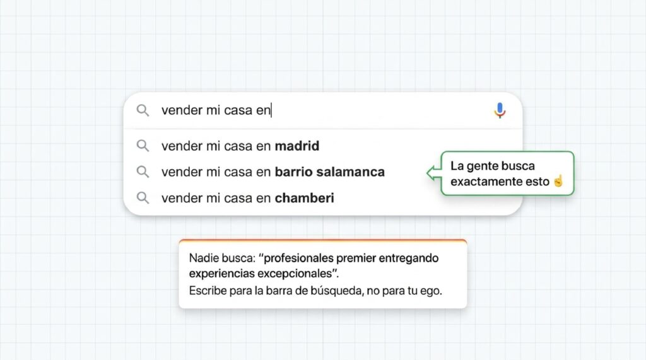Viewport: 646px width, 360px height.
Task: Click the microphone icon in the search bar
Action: click(x=500, y=110)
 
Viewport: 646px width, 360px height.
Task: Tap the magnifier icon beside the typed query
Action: click(x=143, y=110)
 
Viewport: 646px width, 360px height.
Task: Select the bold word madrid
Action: click(x=297, y=146)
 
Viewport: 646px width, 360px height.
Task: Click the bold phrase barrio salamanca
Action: click(x=329, y=171)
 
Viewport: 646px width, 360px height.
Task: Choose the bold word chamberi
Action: click(x=305, y=198)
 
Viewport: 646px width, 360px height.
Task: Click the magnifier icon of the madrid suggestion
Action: click(x=143, y=146)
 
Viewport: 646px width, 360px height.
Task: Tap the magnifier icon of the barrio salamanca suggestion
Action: click(x=143, y=171)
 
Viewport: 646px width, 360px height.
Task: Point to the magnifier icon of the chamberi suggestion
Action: click(x=143, y=198)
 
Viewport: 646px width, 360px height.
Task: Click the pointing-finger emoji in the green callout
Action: click(x=558, y=181)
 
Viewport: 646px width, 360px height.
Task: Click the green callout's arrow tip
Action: click(x=427, y=173)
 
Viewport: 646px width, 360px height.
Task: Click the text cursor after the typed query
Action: click(x=271, y=110)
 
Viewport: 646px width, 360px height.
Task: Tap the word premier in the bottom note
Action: click(x=356, y=258)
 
